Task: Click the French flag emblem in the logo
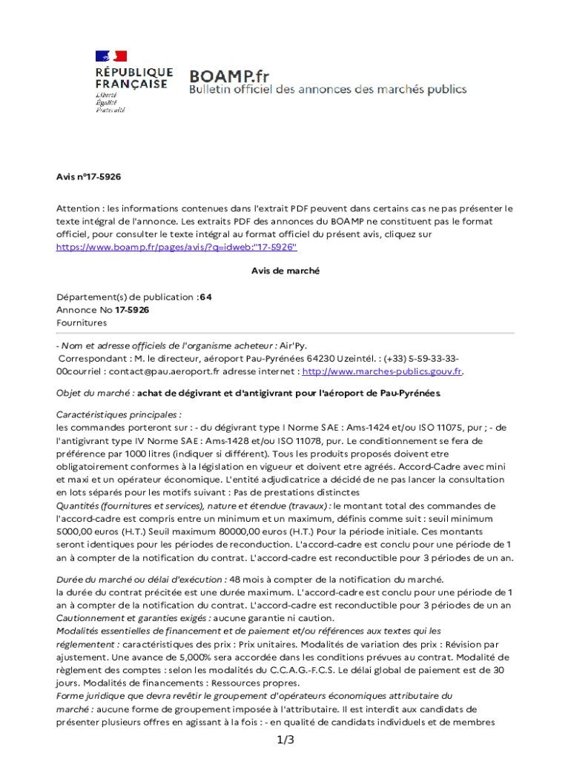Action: point(110,56)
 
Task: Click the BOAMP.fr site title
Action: point(228,76)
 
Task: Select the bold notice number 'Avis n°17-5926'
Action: point(88,177)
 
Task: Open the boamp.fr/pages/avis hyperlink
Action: point(176,246)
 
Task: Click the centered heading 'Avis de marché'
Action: point(285,271)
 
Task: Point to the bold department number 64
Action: point(205,296)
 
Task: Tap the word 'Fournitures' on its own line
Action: point(82,322)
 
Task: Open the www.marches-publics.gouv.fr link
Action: point(382,371)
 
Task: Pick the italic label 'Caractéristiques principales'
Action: point(119,414)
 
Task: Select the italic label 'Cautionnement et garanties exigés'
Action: point(134,617)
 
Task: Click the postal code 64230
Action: point(311,359)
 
